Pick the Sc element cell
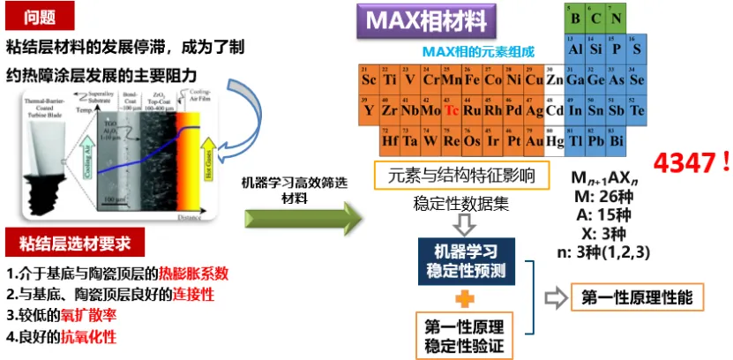369,80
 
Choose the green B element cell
575,18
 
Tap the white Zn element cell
555,80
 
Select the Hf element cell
389,140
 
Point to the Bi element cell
616,140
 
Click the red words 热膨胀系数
193,273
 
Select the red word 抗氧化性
87,336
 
